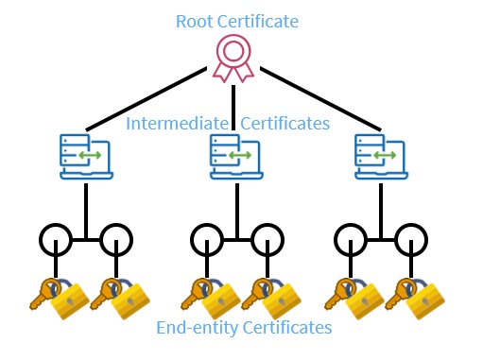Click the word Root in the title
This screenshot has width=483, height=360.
(x=195, y=22)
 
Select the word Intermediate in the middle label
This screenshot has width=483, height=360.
(x=177, y=123)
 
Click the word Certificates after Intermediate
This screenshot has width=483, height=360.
(x=285, y=123)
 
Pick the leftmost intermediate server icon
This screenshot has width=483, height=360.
(x=86, y=157)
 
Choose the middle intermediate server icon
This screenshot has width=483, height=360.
(x=236, y=157)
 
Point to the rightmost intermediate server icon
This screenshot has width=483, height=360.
(x=381, y=157)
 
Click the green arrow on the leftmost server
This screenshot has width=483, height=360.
(x=90, y=155)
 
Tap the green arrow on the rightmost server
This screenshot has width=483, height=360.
(x=385, y=155)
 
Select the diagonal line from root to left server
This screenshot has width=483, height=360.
(x=147, y=98)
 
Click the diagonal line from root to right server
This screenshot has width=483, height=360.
(x=320, y=98)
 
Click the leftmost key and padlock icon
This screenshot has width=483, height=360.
(x=60, y=299)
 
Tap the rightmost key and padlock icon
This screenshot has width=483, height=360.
(x=415, y=299)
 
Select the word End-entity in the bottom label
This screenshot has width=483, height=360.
(x=198, y=328)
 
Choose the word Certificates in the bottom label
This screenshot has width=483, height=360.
(x=287, y=327)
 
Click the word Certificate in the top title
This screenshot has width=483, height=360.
(x=258, y=22)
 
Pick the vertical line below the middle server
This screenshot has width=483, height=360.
(x=237, y=211)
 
